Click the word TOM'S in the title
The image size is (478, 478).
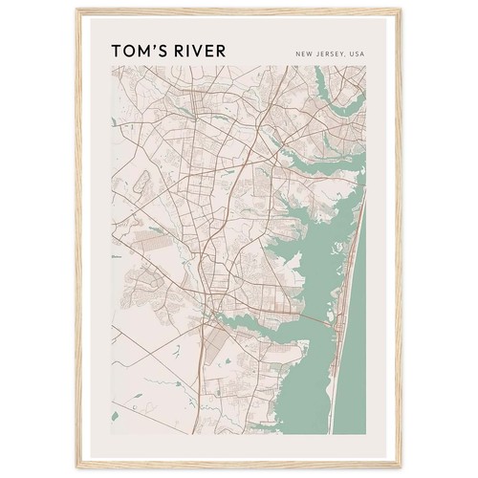[x=138, y=50]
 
